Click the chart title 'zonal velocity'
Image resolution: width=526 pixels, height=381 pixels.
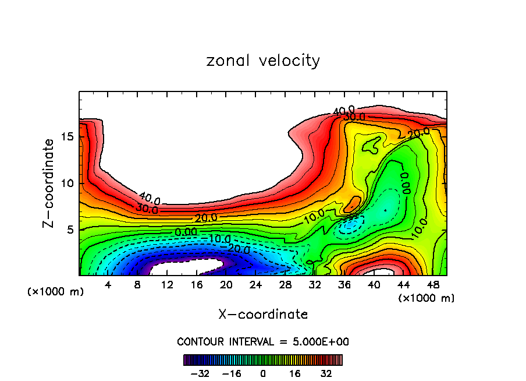263,61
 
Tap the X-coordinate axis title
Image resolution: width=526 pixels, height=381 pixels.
263,315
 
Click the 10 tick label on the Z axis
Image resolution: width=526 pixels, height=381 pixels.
67,183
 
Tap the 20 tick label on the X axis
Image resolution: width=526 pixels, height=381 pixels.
226,285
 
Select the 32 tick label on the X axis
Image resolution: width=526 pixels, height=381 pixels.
315,285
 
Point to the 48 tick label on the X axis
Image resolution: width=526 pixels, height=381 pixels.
433,285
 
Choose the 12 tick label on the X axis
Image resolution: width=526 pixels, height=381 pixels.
167,285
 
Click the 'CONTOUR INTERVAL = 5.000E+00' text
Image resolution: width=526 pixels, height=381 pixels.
263,341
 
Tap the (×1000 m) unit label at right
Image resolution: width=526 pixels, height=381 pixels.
427,298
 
